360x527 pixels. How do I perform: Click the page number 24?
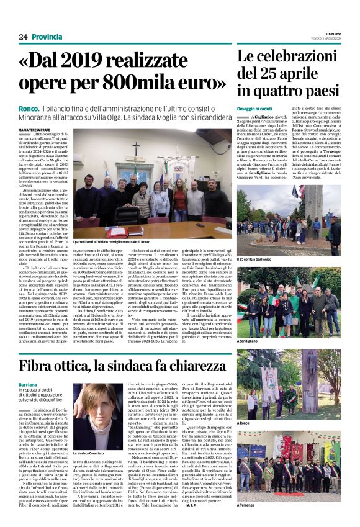click(x=22, y=37)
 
